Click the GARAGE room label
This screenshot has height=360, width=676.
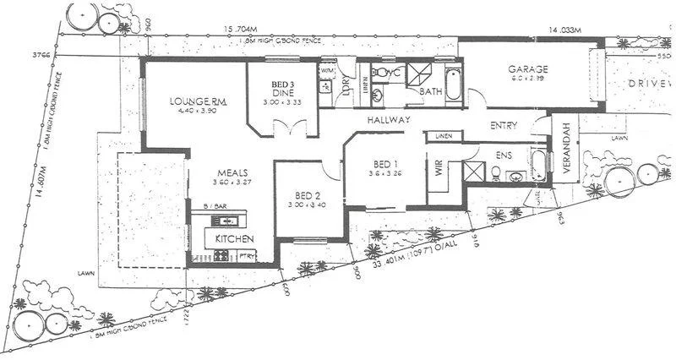click(528, 69)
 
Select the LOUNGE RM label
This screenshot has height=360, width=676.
click(192, 102)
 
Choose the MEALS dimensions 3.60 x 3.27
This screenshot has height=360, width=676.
click(232, 181)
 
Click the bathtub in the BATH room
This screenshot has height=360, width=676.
click(453, 87)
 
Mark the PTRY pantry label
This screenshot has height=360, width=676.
click(248, 255)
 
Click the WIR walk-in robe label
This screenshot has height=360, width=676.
click(438, 168)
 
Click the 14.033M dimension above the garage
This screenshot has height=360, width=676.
click(566, 30)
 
